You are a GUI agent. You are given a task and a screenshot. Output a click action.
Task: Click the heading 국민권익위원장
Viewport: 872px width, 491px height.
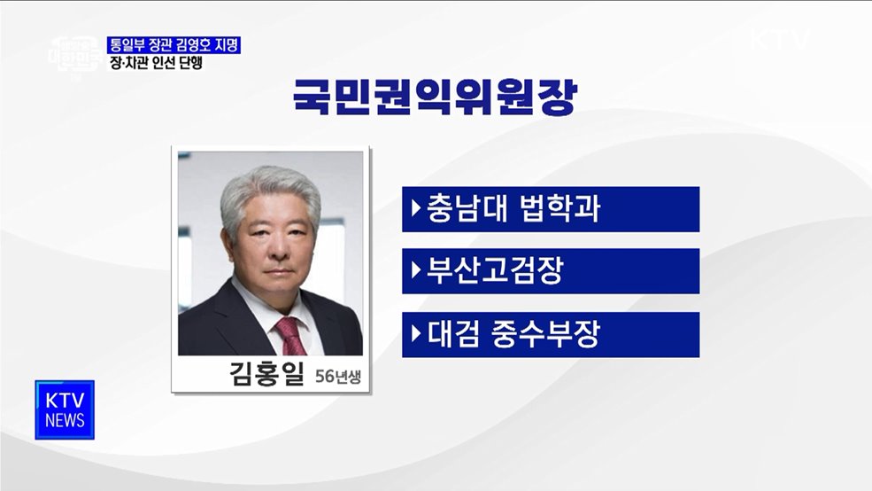434,99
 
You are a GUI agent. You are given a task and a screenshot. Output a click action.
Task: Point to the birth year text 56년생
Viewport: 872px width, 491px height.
337,378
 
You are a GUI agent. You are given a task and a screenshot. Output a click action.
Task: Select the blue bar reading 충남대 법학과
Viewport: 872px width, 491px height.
550,209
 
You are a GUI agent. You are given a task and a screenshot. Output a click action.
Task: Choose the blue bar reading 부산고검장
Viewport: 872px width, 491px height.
550,271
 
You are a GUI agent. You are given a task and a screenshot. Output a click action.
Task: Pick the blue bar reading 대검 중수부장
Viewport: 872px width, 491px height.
550,334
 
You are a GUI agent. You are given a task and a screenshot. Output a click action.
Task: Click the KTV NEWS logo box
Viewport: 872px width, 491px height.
65,409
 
